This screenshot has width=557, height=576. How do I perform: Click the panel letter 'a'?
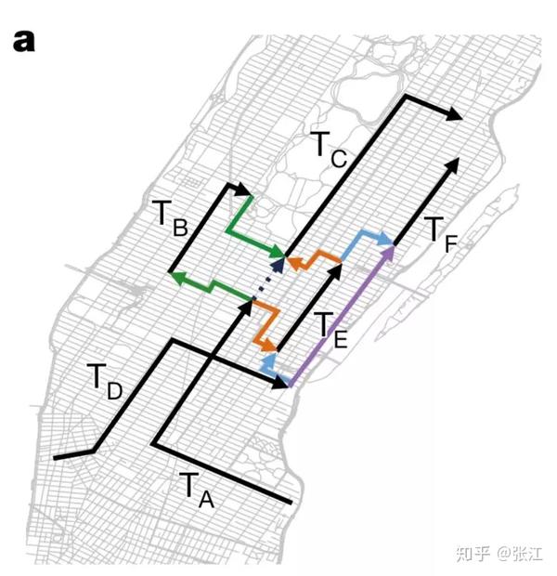[x=24, y=43]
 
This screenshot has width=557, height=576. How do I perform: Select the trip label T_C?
[x=328, y=148]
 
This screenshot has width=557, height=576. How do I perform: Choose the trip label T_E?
[x=330, y=330]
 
